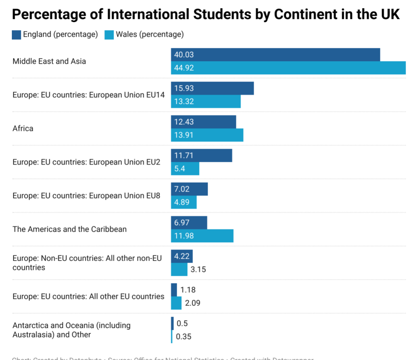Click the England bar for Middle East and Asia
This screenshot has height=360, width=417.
tap(275, 55)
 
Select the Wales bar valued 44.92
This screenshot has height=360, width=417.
tap(288, 68)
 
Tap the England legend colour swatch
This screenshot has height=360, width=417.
tap(17, 35)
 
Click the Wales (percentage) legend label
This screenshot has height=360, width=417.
tap(149, 35)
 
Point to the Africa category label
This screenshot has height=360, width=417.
tap(23, 128)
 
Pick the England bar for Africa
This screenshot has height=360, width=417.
tap(203, 122)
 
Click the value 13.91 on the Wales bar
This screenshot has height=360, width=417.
tap(184, 135)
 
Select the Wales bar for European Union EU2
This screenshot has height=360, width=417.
tap(185, 169)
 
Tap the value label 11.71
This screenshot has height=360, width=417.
tap(184, 155)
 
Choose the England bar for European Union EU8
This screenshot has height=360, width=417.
tap(189, 189)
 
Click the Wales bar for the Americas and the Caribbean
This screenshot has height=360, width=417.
tap(202, 236)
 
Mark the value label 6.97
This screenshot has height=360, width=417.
tap(182, 223)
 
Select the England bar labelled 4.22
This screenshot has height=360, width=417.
tap(182, 256)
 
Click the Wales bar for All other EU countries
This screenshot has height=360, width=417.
tap(176, 303)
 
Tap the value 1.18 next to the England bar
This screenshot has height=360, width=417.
tap(188, 290)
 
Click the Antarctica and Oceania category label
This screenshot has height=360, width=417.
tap(71, 330)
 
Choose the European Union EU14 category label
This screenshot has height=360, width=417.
tap(88, 95)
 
